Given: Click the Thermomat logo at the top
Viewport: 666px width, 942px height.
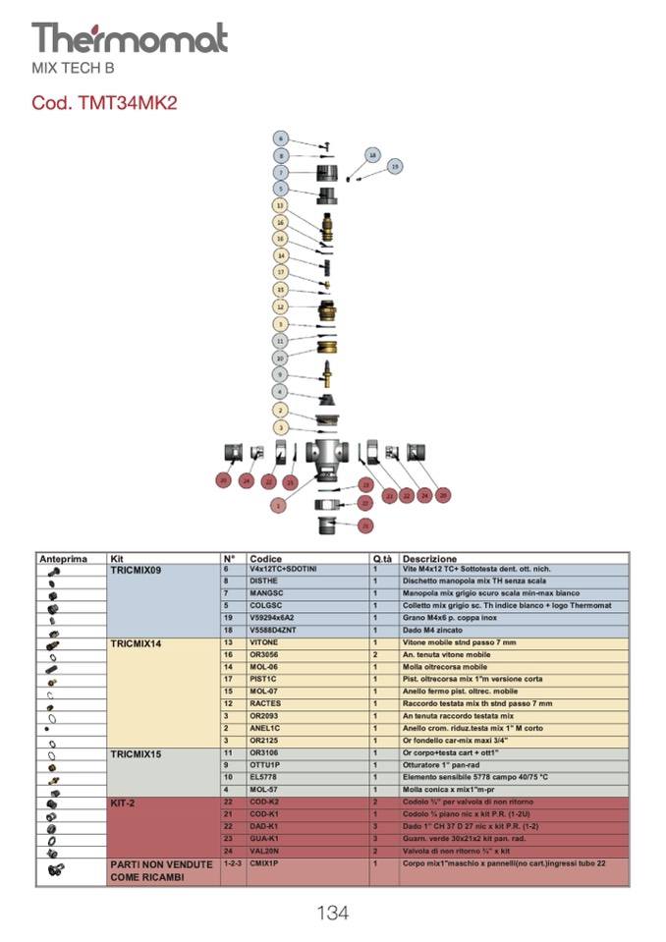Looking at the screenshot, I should click(130, 38).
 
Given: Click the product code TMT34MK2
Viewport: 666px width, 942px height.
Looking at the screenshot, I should click(104, 103).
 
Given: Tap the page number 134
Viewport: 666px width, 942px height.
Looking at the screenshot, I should click(332, 913).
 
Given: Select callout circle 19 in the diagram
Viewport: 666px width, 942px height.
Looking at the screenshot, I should click(395, 167).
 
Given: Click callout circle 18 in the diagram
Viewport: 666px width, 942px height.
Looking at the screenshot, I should click(372, 154).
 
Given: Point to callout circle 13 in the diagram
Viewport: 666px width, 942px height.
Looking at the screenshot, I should click(280, 206).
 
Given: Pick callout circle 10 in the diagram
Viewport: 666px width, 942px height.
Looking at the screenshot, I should click(280, 357).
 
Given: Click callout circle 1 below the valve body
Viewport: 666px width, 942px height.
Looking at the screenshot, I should click(279, 505).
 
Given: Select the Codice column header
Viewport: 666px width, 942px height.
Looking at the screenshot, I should click(266, 559).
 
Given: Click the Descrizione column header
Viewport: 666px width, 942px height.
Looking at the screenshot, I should click(429, 559).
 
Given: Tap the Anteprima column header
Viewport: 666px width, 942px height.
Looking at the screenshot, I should click(63, 559).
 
